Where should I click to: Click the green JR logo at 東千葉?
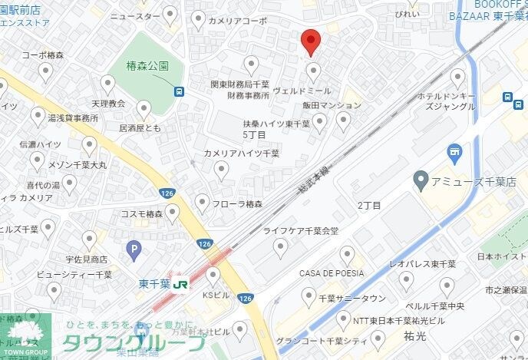pos(181,285)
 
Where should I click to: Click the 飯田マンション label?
pos(326,104)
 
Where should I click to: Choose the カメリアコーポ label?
pos(238,21)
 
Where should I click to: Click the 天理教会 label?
pos(107,103)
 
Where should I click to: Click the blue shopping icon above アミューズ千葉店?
pos(454,152)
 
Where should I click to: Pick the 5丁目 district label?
pos(254,134)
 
